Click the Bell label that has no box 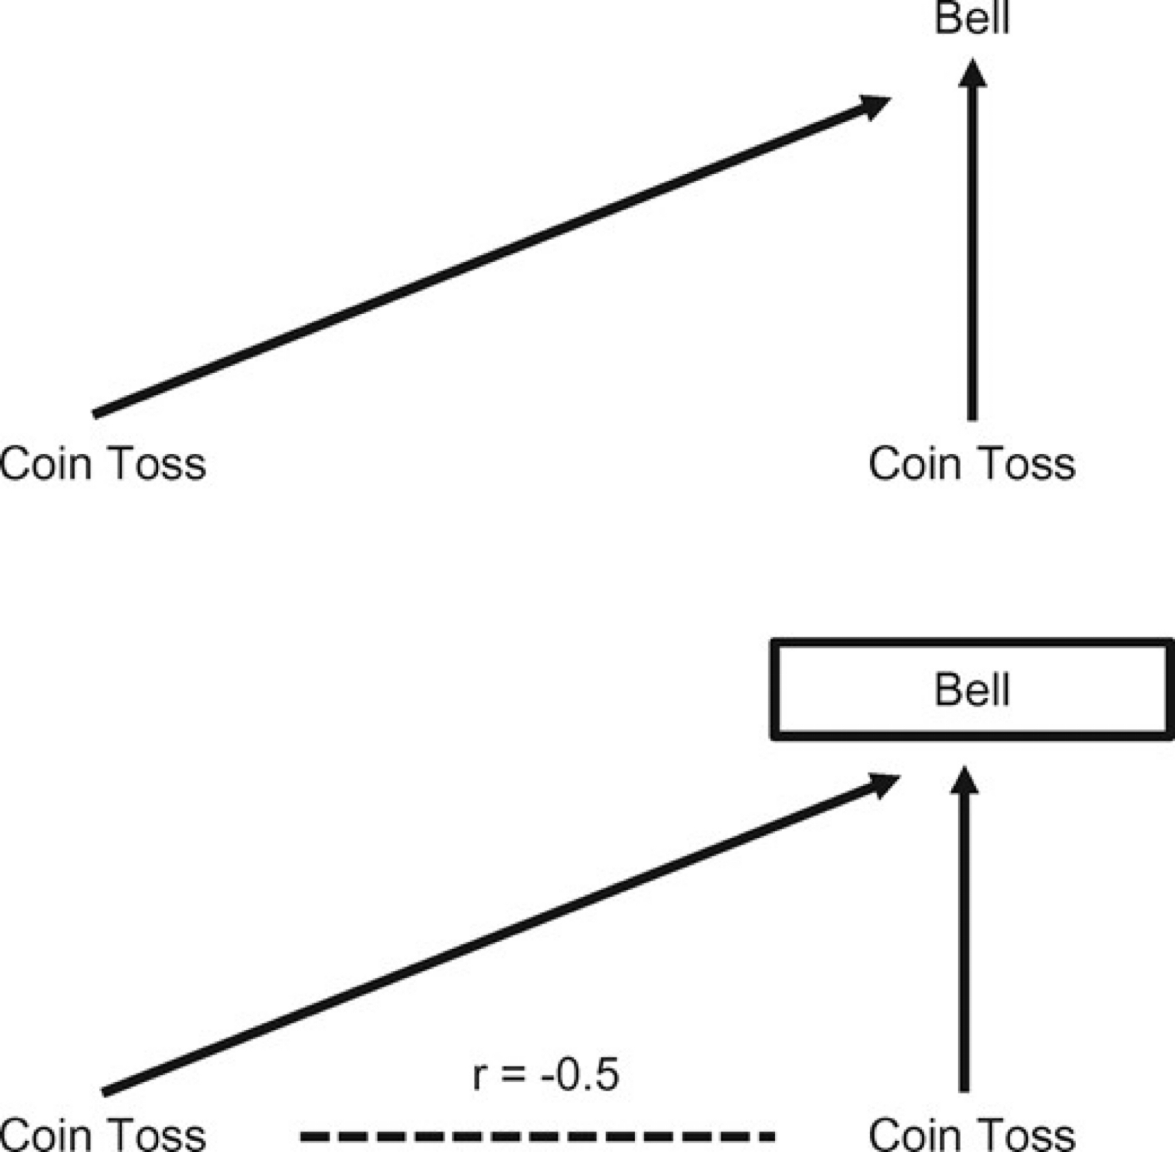click(x=972, y=18)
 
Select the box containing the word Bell click(x=972, y=689)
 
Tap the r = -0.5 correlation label click(x=545, y=1075)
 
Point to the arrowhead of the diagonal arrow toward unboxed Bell click(x=875, y=105)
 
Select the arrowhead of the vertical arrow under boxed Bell click(x=964, y=781)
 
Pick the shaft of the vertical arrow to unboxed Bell click(x=972, y=254)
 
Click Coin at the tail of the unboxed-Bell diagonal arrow click(x=46, y=464)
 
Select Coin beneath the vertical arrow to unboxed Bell click(x=915, y=464)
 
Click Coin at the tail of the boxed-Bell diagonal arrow click(x=46, y=1137)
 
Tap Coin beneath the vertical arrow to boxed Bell click(x=915, y=1137)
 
